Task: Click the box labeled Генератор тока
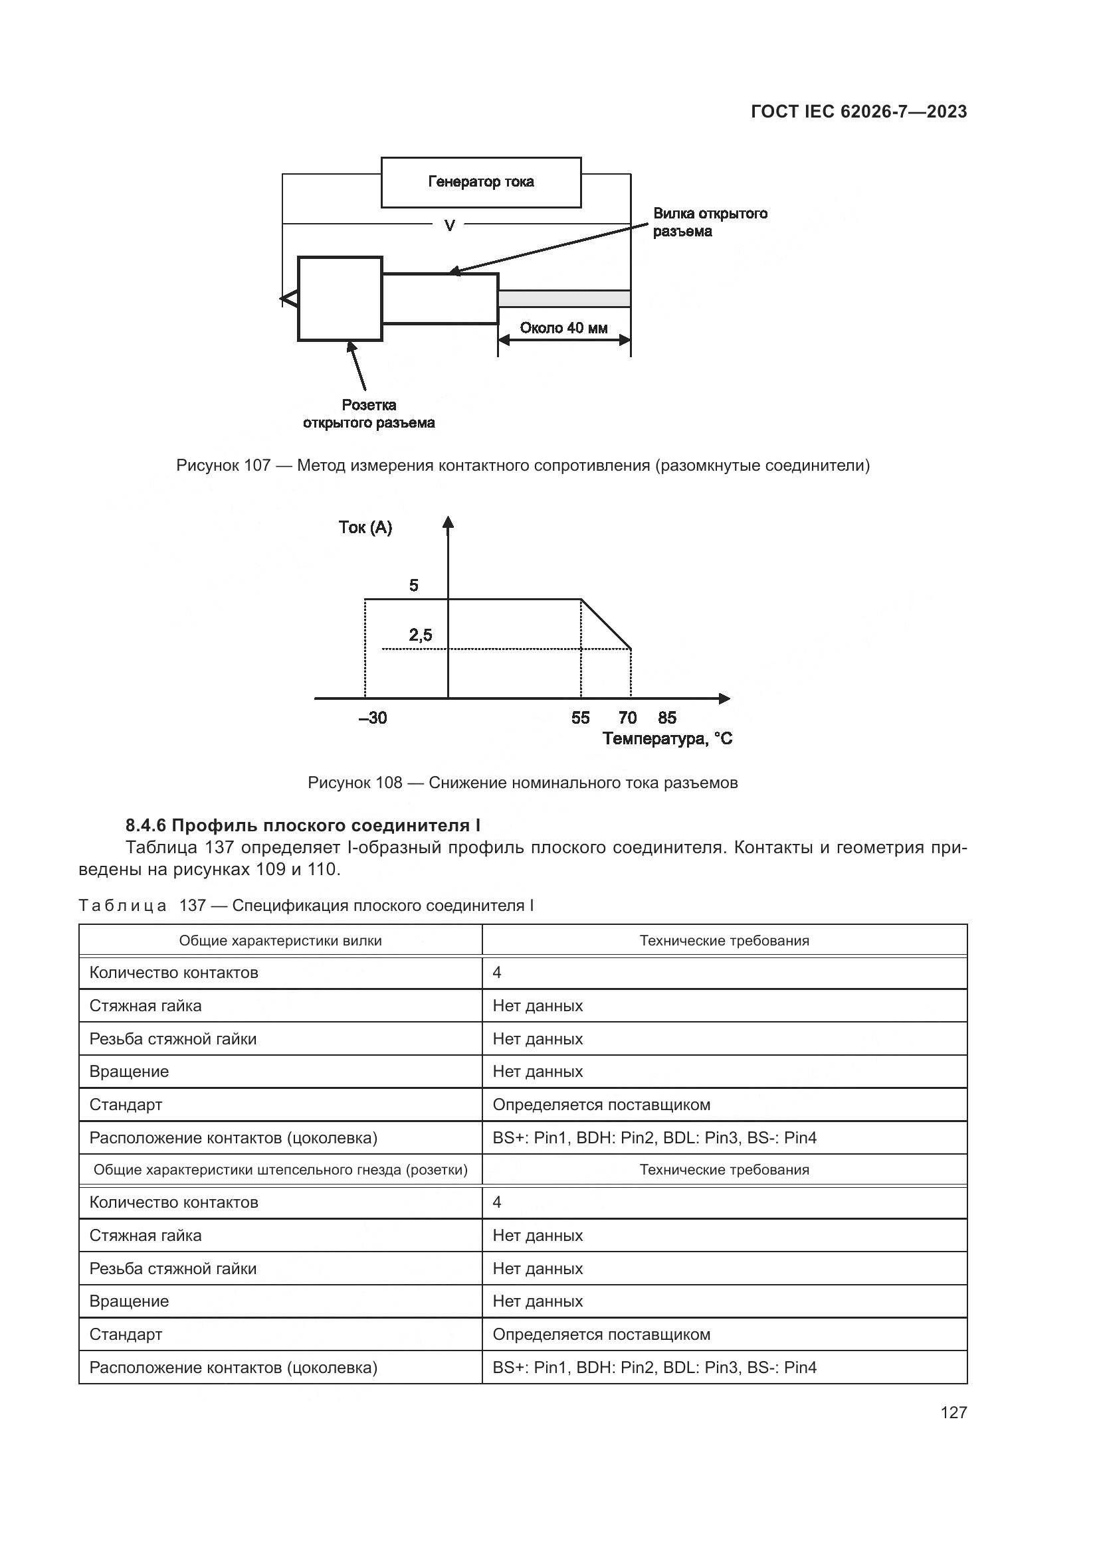click(480, 182)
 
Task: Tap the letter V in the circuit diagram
click(449, 225)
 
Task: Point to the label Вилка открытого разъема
click(709, 222)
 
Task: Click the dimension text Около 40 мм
click(563, 328)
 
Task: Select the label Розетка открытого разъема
click(369, 414)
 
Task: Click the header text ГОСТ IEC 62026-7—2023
click(858, 112)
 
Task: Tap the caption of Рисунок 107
click(522, 465)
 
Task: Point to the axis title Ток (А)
click(365, 528)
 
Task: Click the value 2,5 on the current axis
click(420, 635)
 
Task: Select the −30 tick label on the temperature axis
click(373, 718)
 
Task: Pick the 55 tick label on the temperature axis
click(580, 718)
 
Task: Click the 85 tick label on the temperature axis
click(667, 718)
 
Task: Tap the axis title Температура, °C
click(667, 738)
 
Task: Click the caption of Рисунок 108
click(522, 783)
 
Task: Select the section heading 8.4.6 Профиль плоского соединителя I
click(302, 825)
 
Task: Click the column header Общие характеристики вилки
click(280, 941)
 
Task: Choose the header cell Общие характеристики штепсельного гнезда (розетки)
click(280, 1169)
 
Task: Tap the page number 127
click(953, 1412)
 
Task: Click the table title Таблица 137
click(306, 906)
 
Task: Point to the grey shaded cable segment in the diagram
click(564, 298)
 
